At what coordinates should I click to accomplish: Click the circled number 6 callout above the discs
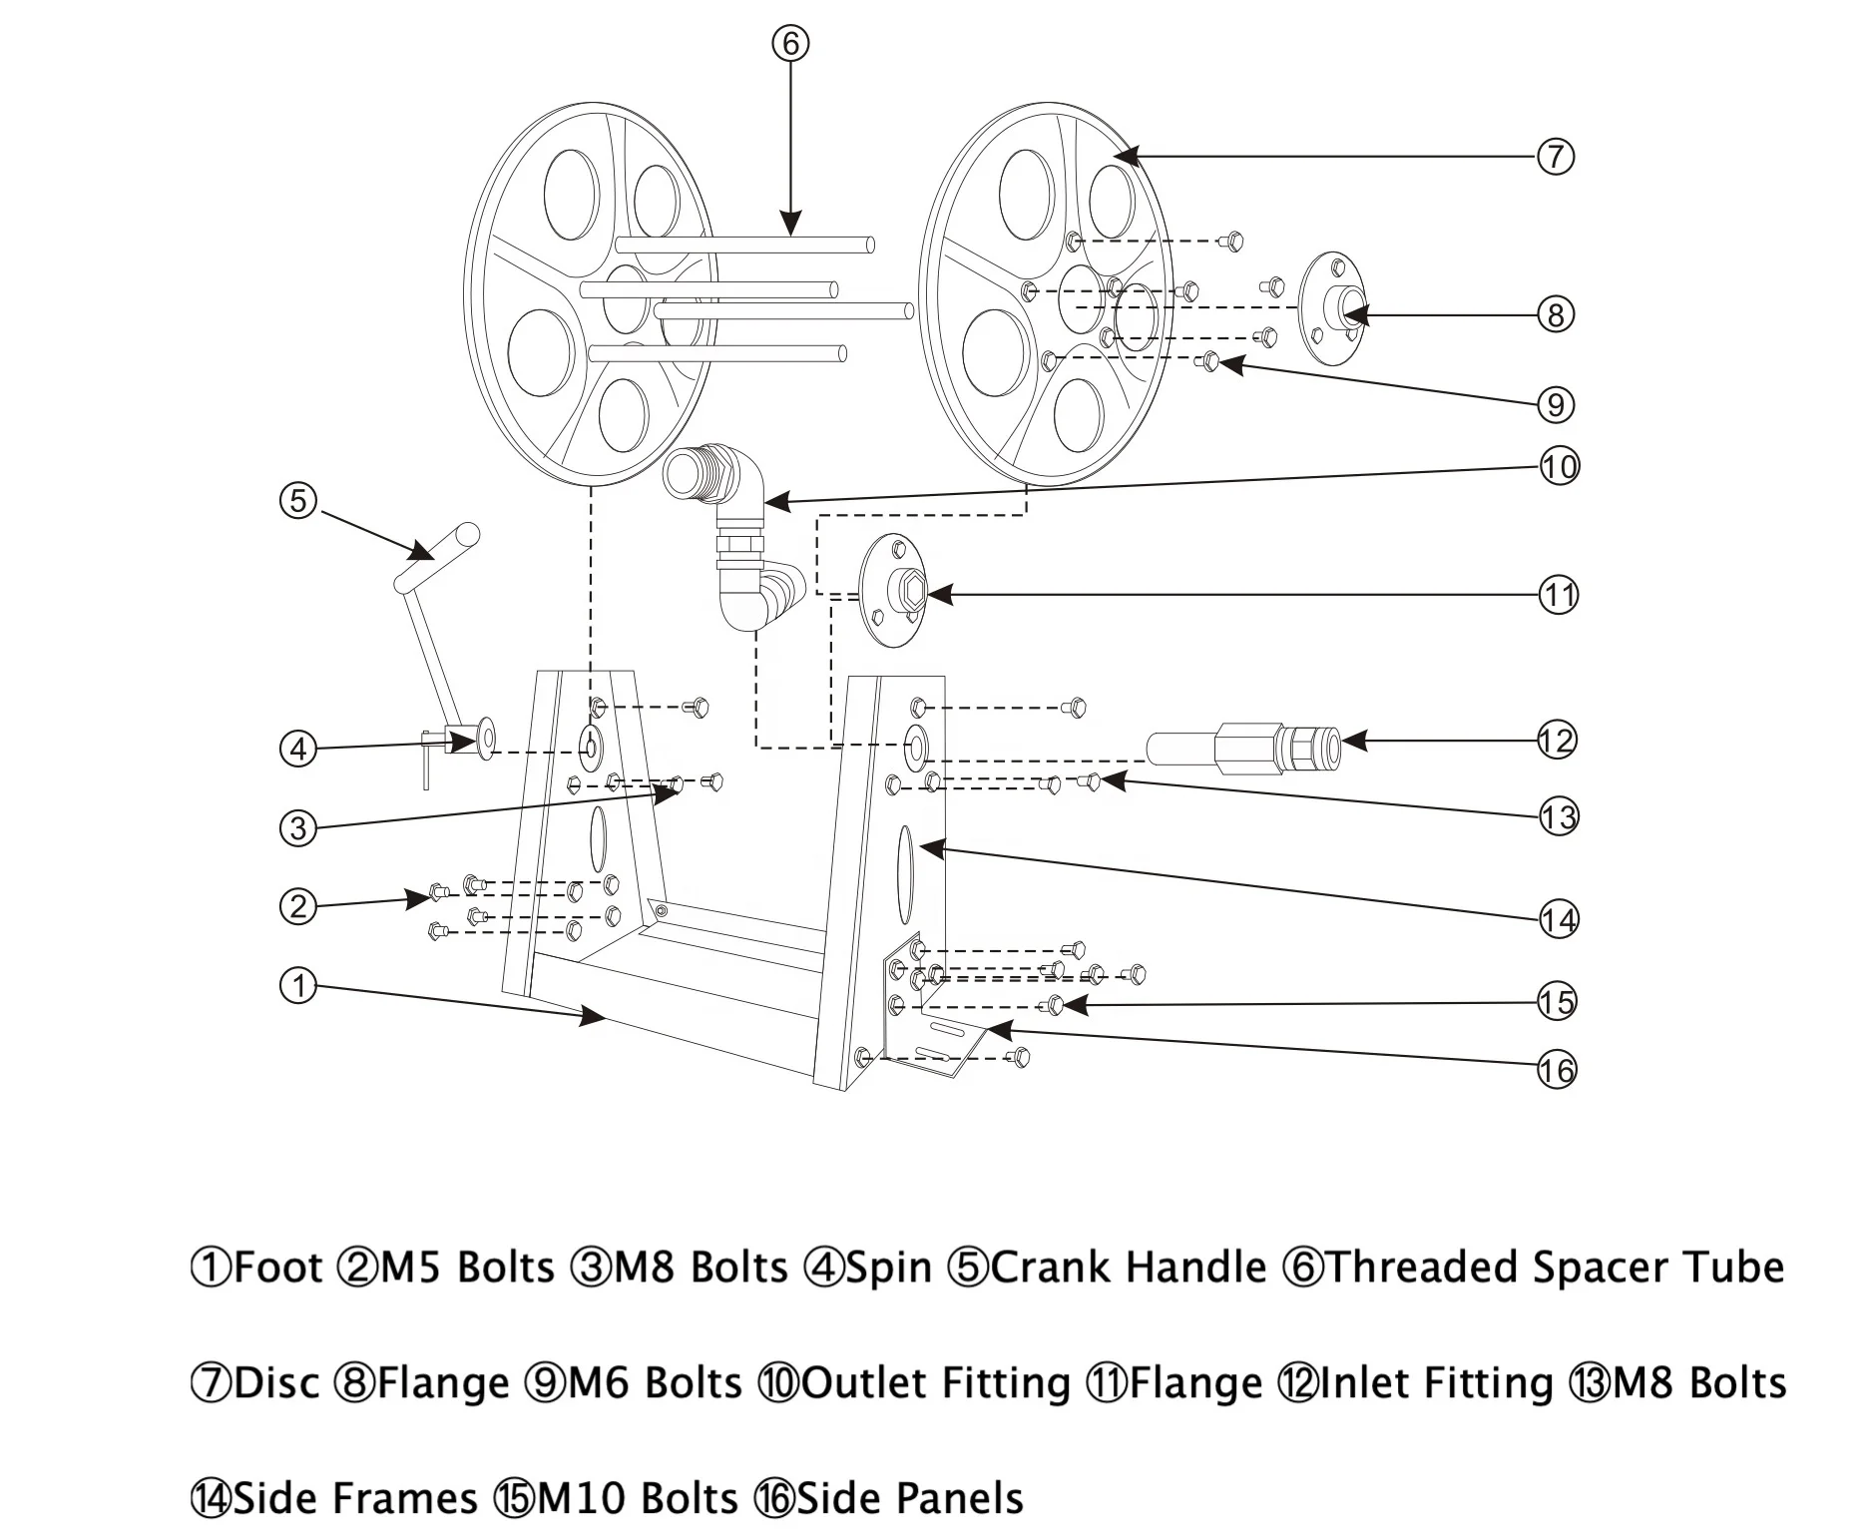pos(789,43)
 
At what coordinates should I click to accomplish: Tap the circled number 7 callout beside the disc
pos(1555,157)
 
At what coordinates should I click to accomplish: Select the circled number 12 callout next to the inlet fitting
pos(1556,741)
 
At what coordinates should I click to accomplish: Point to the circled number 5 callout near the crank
pos(298,500)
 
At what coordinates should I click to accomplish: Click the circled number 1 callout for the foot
pos(298,986)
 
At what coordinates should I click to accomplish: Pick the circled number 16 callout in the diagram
pos(1556,1071)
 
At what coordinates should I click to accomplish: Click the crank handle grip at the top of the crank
pos(437,555)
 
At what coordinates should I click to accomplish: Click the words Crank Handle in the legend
pos(1129,1268)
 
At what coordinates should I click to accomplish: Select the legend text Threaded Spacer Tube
pos(1555,1268)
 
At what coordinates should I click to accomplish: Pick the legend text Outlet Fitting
pos(936,1383)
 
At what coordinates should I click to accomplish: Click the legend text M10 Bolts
pos(637,1498)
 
